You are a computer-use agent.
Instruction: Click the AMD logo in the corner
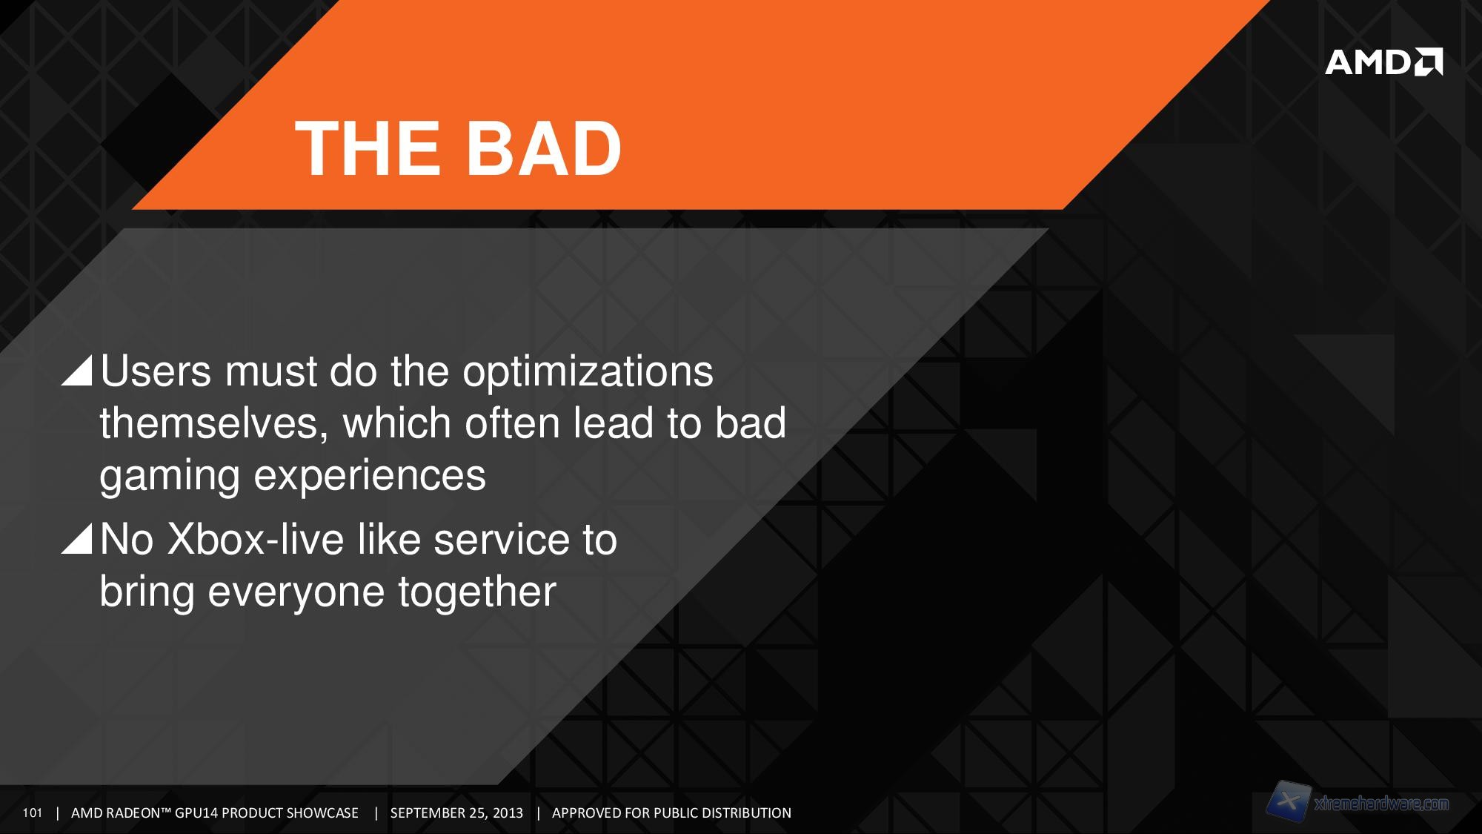pyautogui.click(x=1383, y=62)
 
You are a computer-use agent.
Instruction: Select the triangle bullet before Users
pyautogui.click(x=76, y=370)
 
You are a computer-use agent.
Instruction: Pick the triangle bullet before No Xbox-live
pyautogui.click(x=76, y=538)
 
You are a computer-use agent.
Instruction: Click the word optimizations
pyautogui.click(x=588, y=371)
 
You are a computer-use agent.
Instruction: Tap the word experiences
pyautogui.click(x=370, y=476)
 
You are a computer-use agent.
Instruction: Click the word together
pyautogui.click(x=477, y=592)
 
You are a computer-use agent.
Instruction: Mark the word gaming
pyautogui.click(x=170, y=476)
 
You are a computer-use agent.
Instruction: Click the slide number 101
pyautogui.click(x=33, y=813)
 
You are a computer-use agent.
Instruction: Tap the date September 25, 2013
pyautogui.click(x=456, y=813)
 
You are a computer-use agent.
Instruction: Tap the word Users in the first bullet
pyautogui.click(x=156, y=371)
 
